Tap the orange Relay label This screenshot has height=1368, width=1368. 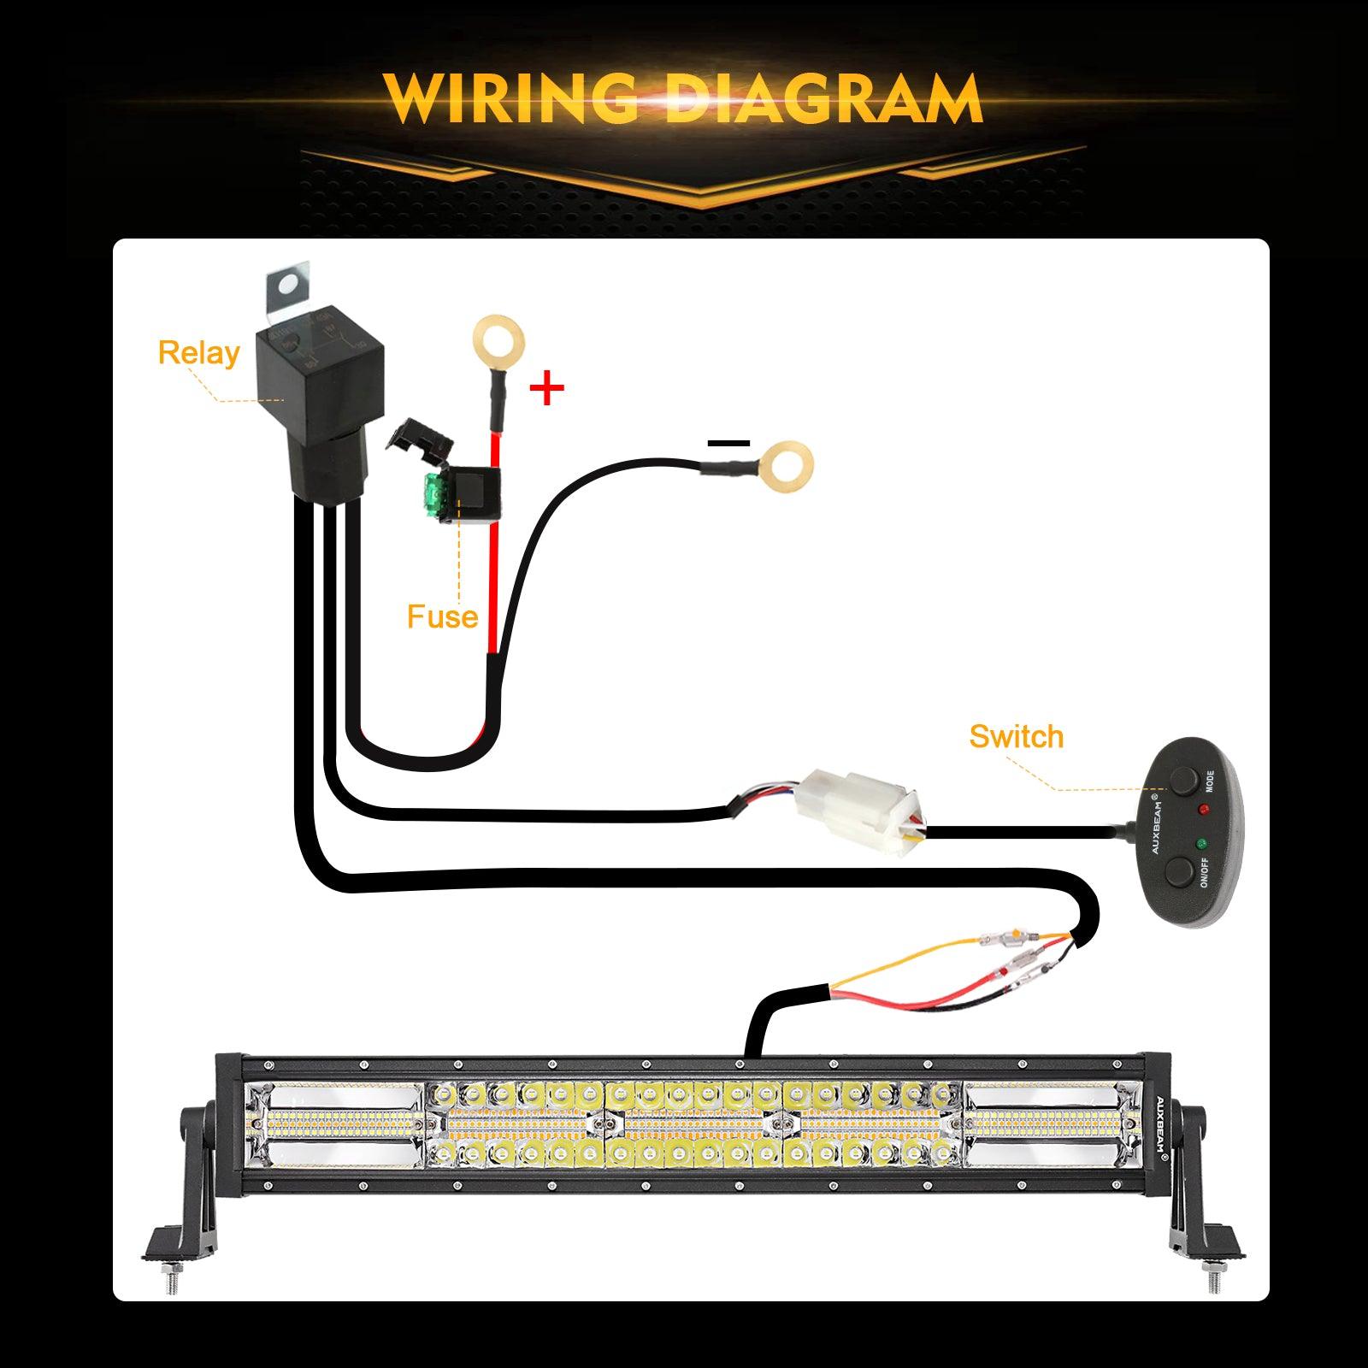(198, 353)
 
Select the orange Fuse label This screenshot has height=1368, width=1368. (442, 616)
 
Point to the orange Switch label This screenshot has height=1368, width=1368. (1017, 736)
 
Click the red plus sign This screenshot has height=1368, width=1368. (547, 389)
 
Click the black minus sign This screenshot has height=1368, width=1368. (729, 443)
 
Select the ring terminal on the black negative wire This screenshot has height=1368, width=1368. (786, 466)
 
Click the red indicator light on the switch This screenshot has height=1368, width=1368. (1206, 809)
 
